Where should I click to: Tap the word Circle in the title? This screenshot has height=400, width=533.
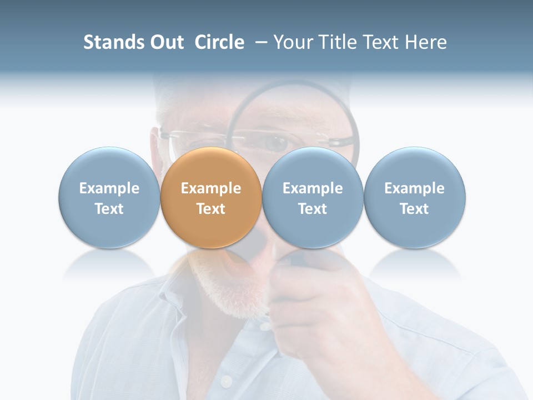[x=219, y=42]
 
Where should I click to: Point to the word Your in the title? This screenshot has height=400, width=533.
[x=294, y=42]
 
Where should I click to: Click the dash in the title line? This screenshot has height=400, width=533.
[x=262, y=43]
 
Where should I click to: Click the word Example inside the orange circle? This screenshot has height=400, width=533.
[x=211, y=188]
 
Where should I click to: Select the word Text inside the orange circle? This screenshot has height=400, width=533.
[x=211, y=209]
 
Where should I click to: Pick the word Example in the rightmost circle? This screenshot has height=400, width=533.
[x=414, y=188]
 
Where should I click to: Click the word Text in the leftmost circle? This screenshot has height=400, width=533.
[x=109, y=209]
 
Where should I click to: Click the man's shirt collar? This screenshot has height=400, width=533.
[x=161, y=311]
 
